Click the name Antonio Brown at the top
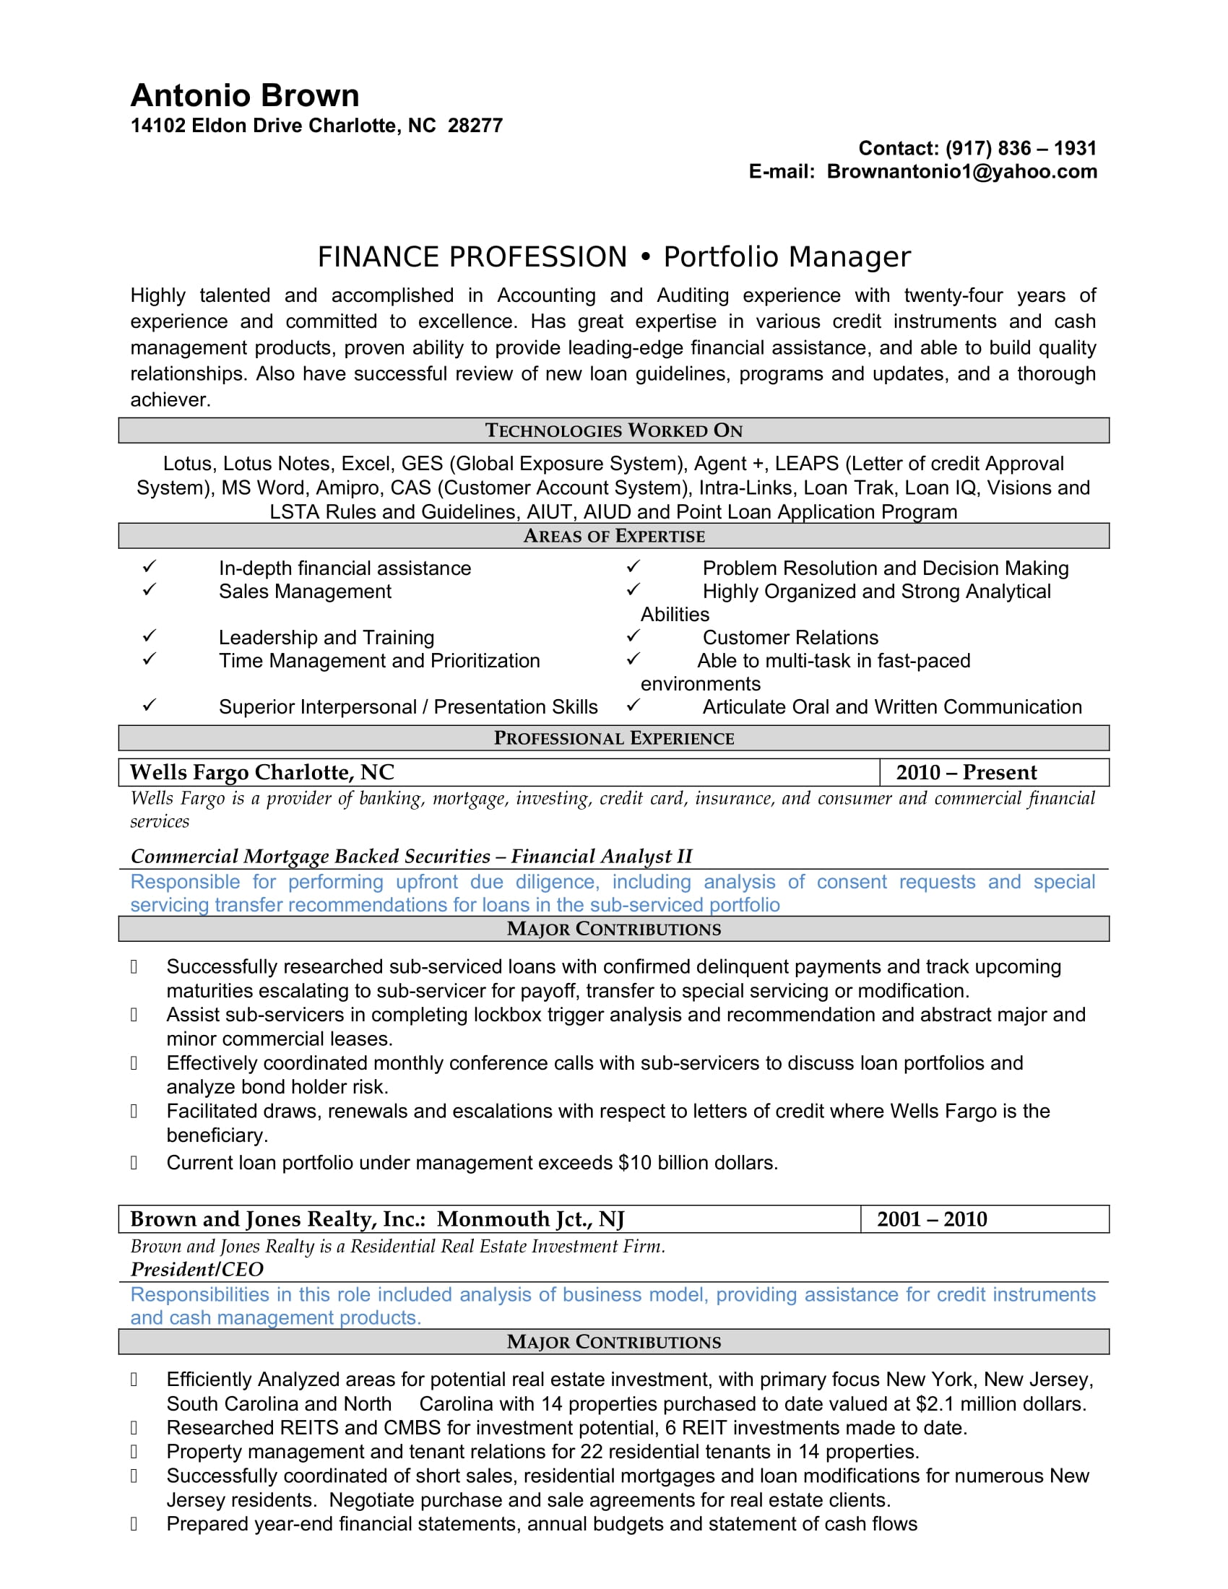click(244, 96)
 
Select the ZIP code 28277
click(475, 126)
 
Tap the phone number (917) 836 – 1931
click(1020, 148)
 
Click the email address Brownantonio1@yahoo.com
click(961, 172)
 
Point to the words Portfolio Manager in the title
click(787, 257)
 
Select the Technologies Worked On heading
click(613, 430)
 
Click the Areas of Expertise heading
click(613, 536)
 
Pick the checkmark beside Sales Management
click(149, 590)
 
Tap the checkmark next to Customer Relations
click(633, 636)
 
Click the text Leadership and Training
click(326, 638)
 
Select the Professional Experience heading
click(613, 738)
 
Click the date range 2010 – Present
click(966, 773)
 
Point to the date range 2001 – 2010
click(932, 1219)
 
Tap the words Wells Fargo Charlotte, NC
click(262, 773)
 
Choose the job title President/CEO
click(196, 1270)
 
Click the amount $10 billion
click(662, 1164)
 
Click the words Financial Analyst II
click(601, 857)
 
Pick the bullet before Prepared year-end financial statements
click(134, 1524)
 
